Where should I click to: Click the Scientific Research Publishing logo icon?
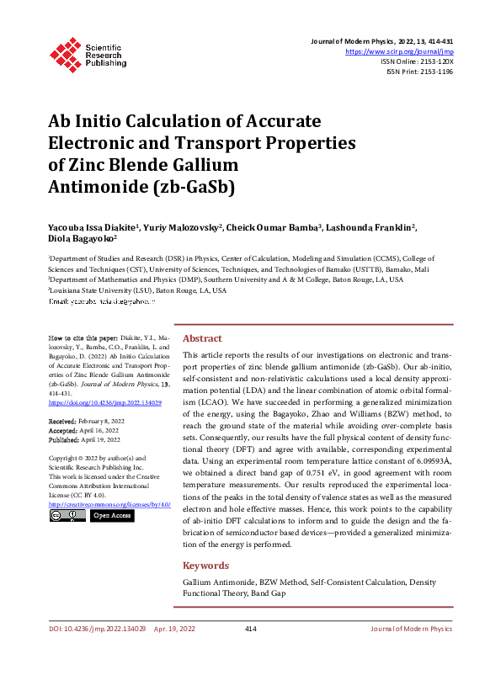pyautogui.click(x=65, y=51)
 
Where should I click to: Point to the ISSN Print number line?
pyautogui.click(x=419, y=72)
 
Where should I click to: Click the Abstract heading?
pyautogui.click(x=202, y=337)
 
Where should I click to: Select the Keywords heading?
pyautogui.click(x=205, y=566)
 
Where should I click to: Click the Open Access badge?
pyautogui.click(x=112, y=515)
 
